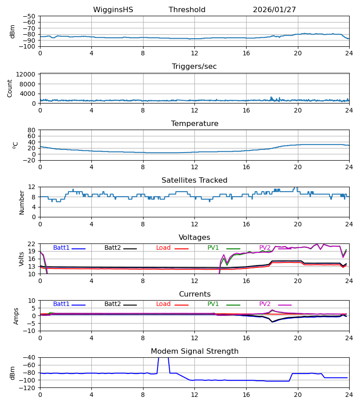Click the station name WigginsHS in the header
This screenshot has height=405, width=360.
point(113,10)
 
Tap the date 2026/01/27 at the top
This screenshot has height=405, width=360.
point(274,10)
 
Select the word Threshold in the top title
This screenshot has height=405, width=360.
point(187,10)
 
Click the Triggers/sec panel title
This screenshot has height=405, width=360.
point(194,67)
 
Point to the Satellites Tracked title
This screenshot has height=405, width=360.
point(194,180)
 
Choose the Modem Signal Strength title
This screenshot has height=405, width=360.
point(194,351)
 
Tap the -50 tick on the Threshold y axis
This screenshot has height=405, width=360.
point(30,16)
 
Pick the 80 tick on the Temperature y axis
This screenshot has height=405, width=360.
point(31,130)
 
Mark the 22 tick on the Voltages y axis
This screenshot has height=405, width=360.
point(31,244)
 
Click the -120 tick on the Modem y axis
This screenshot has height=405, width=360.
point(28,388)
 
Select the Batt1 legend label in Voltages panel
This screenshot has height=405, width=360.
point(61,248)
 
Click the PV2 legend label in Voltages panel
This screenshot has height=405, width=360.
point(265,248)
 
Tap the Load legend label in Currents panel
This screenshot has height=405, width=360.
point(163,304)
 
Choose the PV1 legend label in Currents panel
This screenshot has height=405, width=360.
point(213,304)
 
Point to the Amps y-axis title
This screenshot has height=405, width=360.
point(17,316)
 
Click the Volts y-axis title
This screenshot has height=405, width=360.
point(21,259)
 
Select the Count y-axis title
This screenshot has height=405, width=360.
point(10,88)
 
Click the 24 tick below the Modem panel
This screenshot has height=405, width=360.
point(349,395)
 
